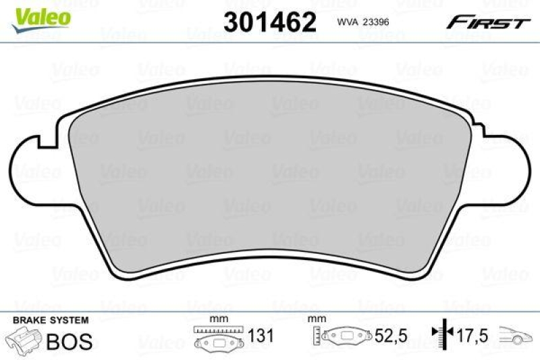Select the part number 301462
point(269,22)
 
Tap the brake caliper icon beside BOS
point(22,338)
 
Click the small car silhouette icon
point(516,336)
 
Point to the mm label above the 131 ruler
point(218,319)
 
